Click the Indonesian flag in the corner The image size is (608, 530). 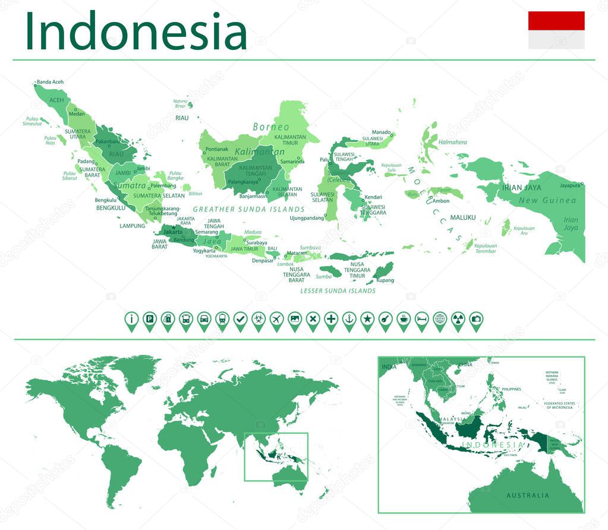[x=556, y=30]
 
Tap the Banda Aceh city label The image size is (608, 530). [x=50, y=82]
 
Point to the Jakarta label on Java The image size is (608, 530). [x=173, y=231]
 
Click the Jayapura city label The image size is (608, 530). [x=569, y=185]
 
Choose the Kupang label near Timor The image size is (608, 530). [x=385, y=280]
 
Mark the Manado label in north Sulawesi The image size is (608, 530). [x=381, y=132]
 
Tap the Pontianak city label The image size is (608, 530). [x=216, y=149]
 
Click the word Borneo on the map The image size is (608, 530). [x=271, y=127]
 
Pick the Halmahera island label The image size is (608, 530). [x=452, y=143]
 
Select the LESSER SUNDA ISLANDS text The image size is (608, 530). [x=338, y=291]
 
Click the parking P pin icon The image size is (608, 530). [x=150, y=319]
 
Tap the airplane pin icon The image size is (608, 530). [x=276, y=319]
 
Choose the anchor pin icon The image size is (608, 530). [x=349, y=319]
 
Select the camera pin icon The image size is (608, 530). [x=475, y=319]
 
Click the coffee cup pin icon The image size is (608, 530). [x=403, y=319]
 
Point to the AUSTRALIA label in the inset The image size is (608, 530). [x=528, y=495]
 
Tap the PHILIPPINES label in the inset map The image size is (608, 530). [x=511, y=389]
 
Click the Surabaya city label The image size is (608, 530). [x=257, y=242]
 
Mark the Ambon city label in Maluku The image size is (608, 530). [x=441, y=201]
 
